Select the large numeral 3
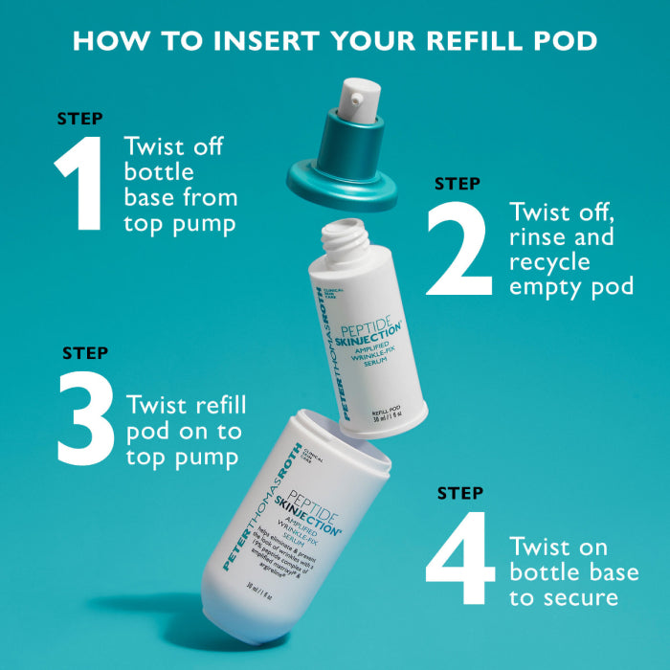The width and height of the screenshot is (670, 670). click(87, 419)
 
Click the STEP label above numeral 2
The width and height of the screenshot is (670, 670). click(458, 183)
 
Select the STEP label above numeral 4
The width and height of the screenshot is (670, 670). click(460, 494)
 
